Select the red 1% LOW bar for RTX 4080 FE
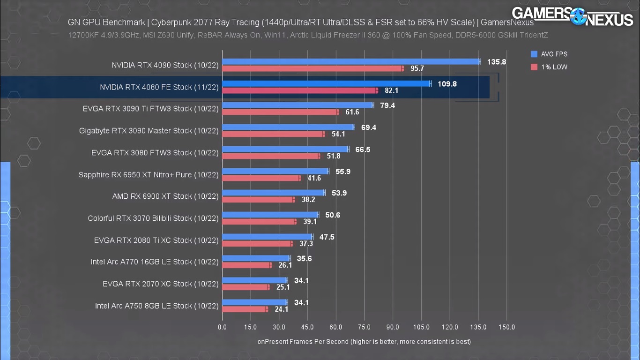coord(300,90)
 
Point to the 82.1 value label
coord(391,90)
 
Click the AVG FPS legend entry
coord(549,54)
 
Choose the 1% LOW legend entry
coord(549,67)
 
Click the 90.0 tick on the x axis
coord(393,327)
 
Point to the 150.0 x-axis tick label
coord(506,327)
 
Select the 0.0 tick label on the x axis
coord(222,327)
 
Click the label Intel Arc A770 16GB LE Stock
coord(155,262)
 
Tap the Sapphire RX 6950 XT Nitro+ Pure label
coord(149,175)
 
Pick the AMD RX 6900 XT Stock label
coord(165,196)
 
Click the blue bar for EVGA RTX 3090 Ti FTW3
coord(298,105)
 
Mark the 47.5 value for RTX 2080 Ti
coord(327,237)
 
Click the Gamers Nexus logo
coord(572,16)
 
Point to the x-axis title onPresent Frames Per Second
coord(364,341)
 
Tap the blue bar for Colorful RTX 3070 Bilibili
coord(270,215)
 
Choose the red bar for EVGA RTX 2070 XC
coord(246,287)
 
